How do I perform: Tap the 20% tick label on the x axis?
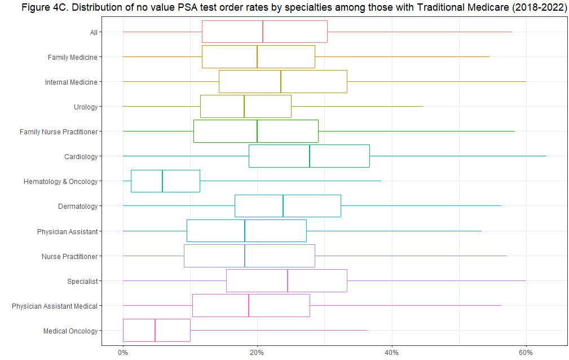[257, 352]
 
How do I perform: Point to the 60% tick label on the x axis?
[526, 352]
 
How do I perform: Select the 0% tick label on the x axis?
[123, 352]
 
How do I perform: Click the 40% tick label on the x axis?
[391, 352]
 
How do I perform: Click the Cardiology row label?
[81, 156]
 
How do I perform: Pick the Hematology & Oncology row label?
[60, 181]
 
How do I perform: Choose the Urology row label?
[86, 107]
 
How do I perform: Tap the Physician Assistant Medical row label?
[55, 306]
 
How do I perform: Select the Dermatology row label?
[78, 207]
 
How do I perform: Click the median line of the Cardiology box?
[310, 156]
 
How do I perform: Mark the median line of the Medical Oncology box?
[155, 331]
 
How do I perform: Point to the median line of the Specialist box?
[288, 281]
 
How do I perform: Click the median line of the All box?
[263, 32]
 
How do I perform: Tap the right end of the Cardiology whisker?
[546, 156]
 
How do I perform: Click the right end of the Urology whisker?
[422, 107]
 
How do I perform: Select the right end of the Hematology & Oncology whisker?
[381, 181]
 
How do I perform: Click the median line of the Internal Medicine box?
[281, 82]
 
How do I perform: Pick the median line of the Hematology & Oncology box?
[162, 181]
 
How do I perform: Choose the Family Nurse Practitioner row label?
[59, 131]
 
